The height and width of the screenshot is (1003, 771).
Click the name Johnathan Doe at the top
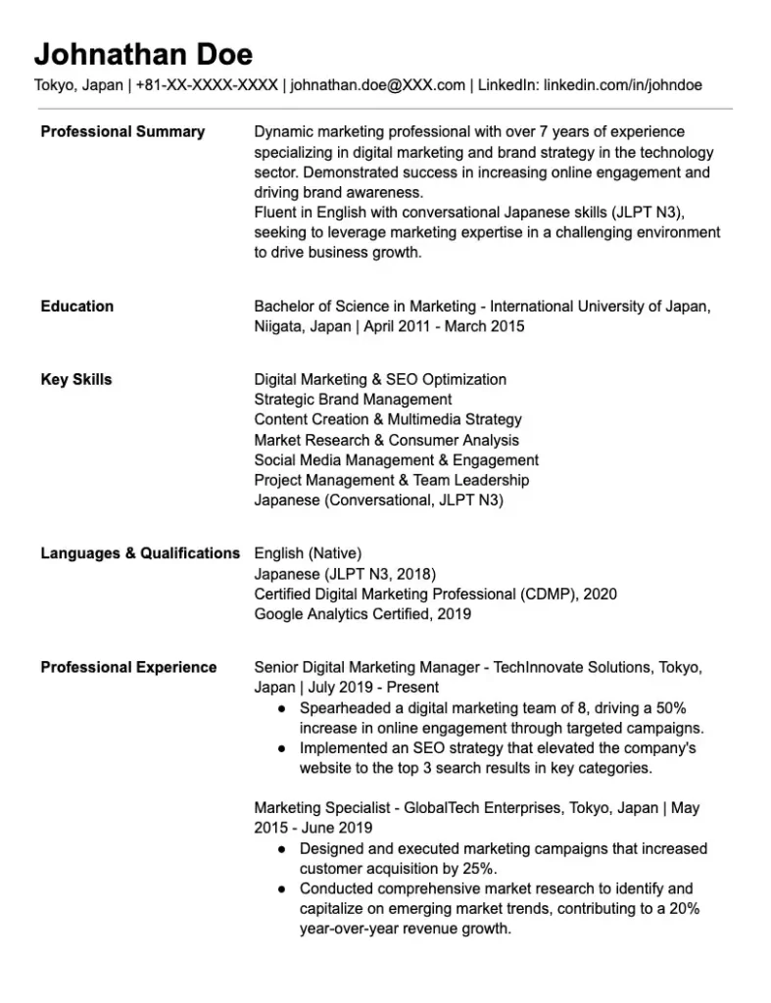tap(143, 53)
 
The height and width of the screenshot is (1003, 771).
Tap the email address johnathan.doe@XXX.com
tap(378, 85)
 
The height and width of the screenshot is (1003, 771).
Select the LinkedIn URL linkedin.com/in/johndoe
tap(622, 85)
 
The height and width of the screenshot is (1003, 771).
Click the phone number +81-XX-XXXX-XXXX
tap(207, 85)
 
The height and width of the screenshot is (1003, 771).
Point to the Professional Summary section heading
tap(122, 131)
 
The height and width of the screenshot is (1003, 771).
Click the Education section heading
tap(76, 306)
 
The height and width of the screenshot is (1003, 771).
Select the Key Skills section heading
tap(76, 379)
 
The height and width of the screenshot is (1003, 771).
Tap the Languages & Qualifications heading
tap(140, 553)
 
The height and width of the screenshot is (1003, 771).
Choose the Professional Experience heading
tap(128, 667)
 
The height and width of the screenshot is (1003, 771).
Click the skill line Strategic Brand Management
tap(353, 400)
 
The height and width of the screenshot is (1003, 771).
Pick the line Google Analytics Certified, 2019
tap(362, 614)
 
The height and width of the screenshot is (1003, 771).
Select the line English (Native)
tap(308, 553)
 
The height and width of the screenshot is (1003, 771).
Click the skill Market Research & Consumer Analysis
tap(386, 440)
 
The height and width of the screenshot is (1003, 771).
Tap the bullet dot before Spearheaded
tap(282, 708)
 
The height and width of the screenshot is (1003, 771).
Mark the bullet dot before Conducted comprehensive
tap(282, 889)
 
